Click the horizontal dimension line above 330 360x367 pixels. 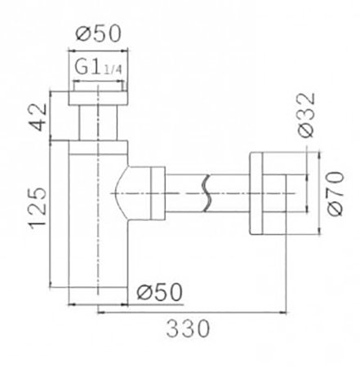pyautogui.click(x=196, y=311)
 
